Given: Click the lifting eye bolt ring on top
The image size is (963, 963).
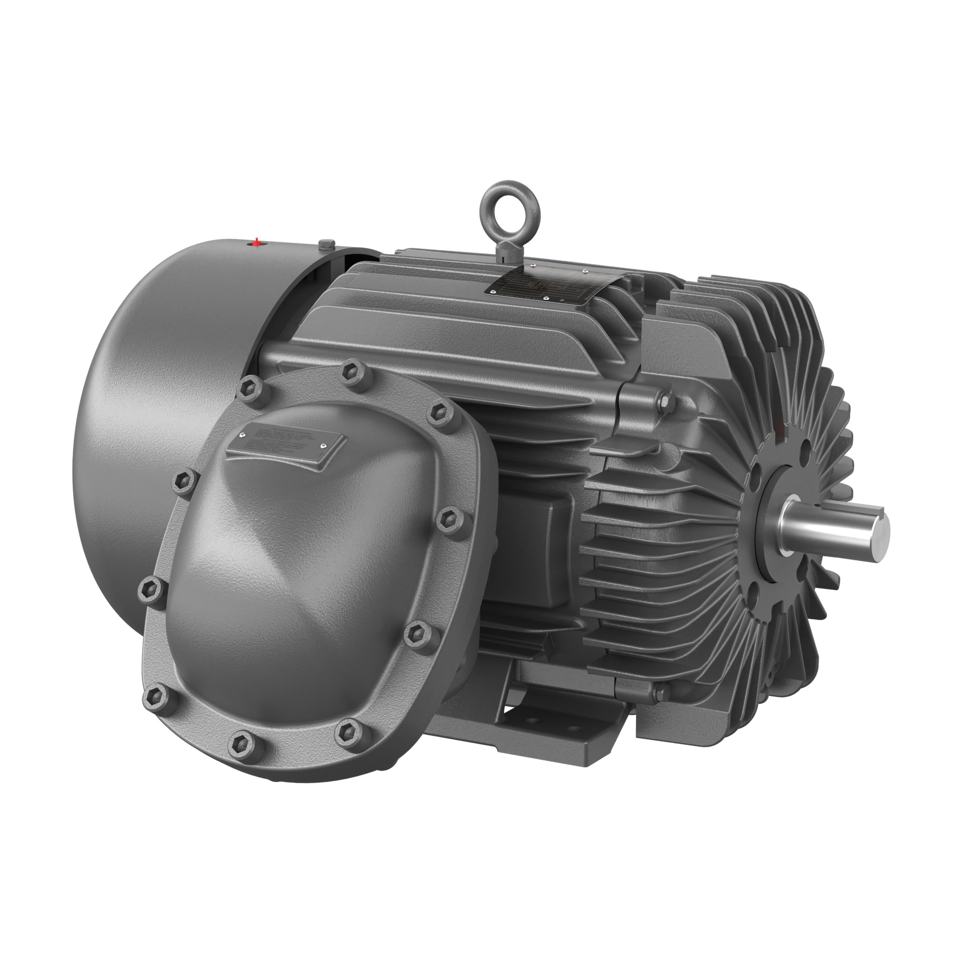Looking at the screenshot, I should point(503,204).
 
